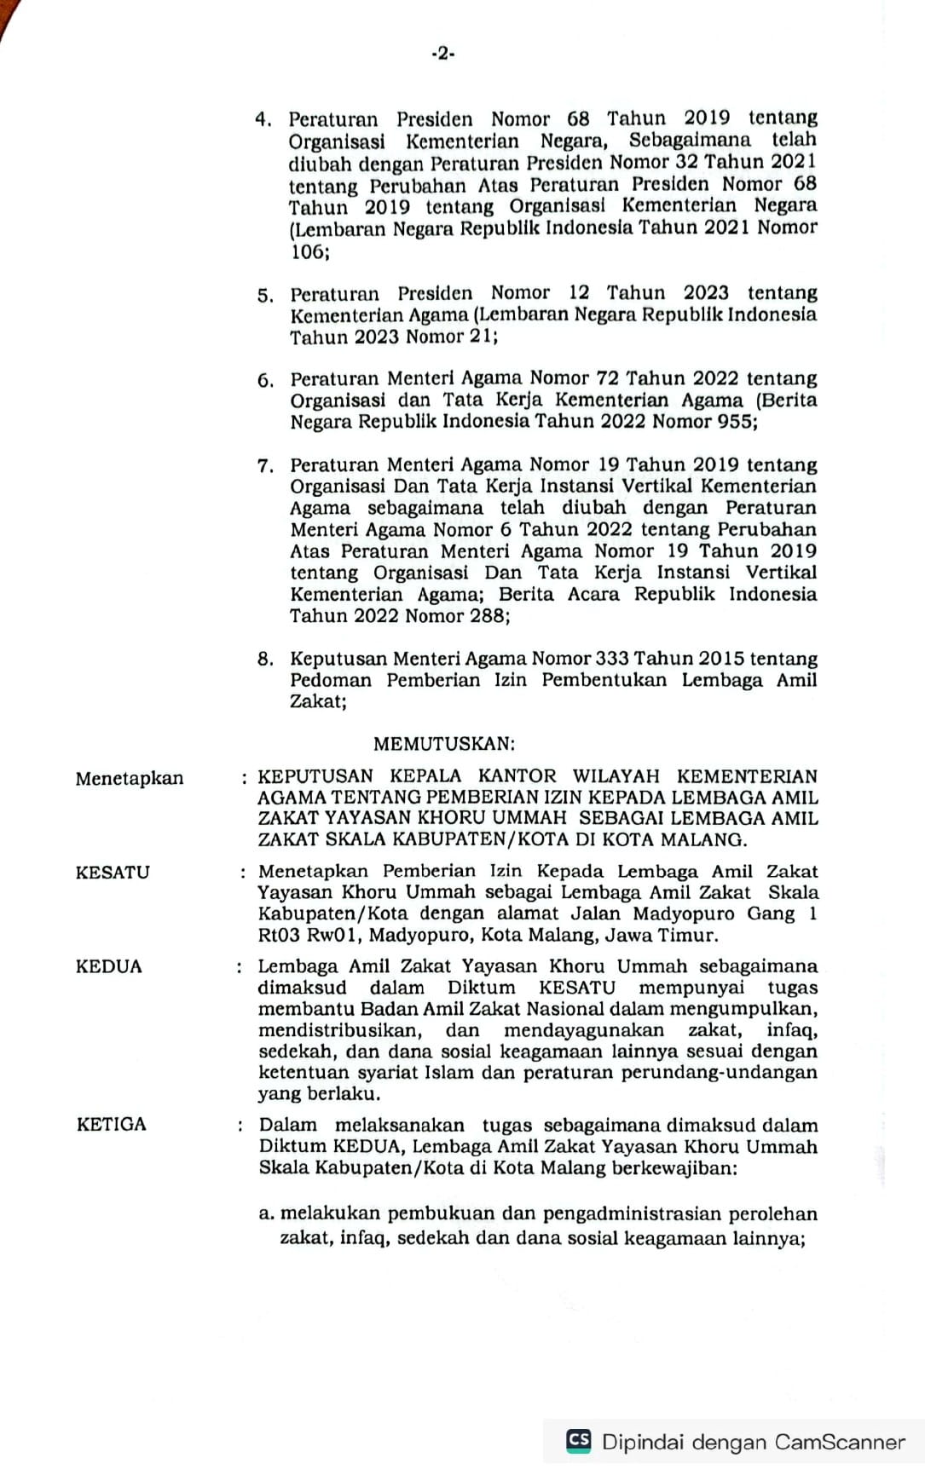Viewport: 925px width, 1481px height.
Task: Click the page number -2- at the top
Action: coord(442,54)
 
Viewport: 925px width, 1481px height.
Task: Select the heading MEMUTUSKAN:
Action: coord(444,744)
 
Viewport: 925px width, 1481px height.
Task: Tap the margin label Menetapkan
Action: coord(130,778)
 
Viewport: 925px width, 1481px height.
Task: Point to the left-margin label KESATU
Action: coord(113,873)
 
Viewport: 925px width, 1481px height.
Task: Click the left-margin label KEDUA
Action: coord(109,966)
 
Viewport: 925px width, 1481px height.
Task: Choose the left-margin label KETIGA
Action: coord(112,1124)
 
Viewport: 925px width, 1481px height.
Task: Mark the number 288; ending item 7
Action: coord(490,615)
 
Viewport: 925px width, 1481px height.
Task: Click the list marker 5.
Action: coord(265,296)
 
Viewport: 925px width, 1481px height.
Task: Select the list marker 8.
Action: coord(265,659)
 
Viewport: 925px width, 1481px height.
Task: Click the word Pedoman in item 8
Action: coord(331,680)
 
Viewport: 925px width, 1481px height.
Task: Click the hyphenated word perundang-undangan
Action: coord(719,1072)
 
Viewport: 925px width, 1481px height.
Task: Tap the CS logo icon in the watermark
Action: coord(579,1440)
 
